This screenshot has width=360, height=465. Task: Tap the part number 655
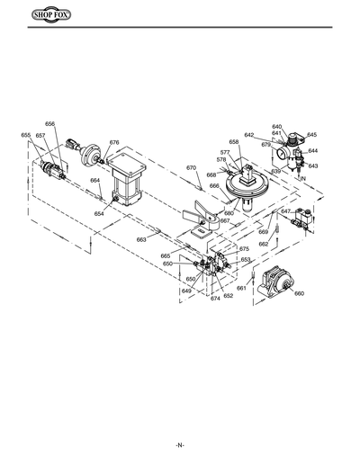click(26, 135)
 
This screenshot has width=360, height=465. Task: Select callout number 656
click(49, 124)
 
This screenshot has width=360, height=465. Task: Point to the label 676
click(114, 143)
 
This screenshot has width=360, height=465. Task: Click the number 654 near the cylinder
click(99, 214)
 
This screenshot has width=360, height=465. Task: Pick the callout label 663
click(141, 239)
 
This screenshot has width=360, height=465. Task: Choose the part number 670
click(191, 168)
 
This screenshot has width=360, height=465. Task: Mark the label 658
click(234, 142)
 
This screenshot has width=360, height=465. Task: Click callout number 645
click(311, 135)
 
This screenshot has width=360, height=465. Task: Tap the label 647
click(285, 211)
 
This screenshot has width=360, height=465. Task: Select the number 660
click(300, 294)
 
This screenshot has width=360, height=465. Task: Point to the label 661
click(241, 288)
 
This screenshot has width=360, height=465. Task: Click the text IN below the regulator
click(303, 181)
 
